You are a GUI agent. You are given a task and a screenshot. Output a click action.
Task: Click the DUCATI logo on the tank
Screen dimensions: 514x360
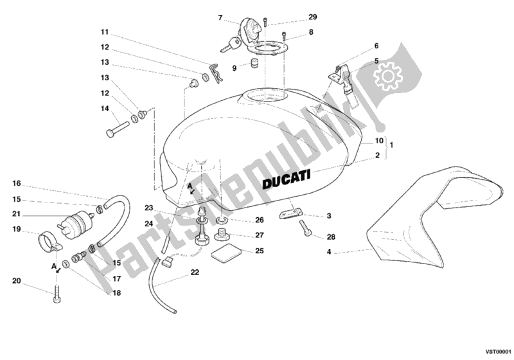[x=286, y=179]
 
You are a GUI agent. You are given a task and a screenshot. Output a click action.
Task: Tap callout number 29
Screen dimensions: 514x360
[x=312, y=17]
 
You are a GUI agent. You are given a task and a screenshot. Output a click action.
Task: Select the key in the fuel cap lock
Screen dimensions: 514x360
[x=231, y=45]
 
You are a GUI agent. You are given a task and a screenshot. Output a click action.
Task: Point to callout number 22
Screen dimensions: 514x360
[x=195, y=273]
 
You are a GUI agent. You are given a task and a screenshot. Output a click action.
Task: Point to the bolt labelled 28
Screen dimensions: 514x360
[x=304, y=228]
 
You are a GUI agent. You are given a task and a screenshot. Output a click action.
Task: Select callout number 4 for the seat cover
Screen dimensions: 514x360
[x=329, y=252]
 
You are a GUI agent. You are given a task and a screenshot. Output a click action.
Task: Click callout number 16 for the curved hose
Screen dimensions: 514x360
[x=17, y=183]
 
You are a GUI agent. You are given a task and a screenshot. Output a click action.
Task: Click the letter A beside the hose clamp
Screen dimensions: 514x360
[x=54, y=266]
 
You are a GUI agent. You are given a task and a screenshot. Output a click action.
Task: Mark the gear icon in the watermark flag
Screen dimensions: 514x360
[x=388, y=76]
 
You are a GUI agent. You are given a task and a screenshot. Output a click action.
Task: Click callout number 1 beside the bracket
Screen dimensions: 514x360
[x=391, y=145]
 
